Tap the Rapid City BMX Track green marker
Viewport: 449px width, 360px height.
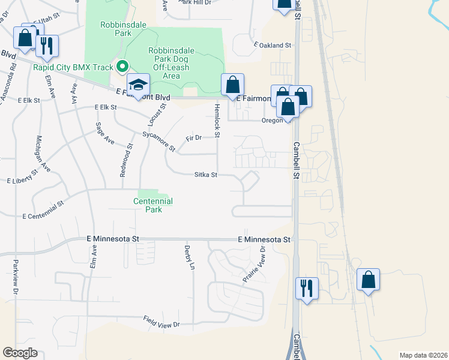point(122,67)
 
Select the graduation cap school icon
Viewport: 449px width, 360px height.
point(138,85)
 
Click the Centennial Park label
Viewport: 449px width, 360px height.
point(153,205)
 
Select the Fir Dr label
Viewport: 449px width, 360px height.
point(193,138)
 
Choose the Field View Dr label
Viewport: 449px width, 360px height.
point(161,322)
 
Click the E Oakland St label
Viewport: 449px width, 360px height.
point(272,45)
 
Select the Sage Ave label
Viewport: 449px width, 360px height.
point(104,133)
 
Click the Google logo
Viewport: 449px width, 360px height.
point(20,352)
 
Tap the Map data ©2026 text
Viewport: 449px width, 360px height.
point(423,355)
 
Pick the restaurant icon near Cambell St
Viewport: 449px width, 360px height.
point(307,288)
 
